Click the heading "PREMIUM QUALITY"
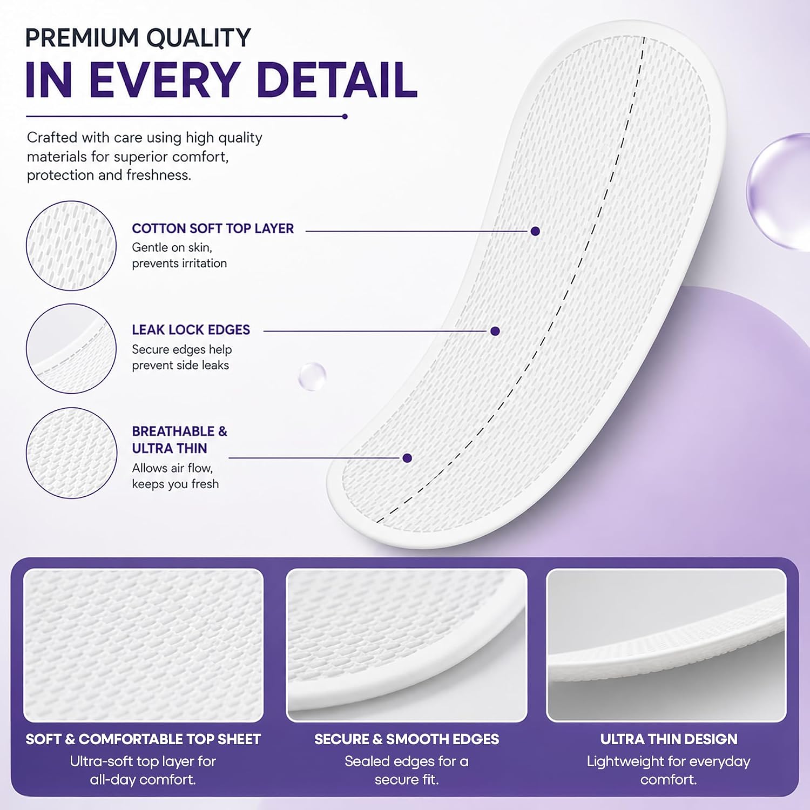click(x=138, y=38)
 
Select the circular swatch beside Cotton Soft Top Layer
click(x=71, y=246)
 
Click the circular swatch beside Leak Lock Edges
click(x=71, y=348)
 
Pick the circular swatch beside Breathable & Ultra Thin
click(x=71, y=453)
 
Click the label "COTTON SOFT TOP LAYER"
click(x=213, y=228)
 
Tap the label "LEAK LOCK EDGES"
click(x=191, y=330)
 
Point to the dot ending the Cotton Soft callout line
click(x=535, y=231)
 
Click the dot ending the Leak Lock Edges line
click(x=495, y=331)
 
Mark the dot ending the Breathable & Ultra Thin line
click(x=407, y=458)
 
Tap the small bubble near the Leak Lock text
click(x=312, y=376)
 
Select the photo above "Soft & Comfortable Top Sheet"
click(x=143, y=645)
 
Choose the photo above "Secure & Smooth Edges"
click(x=407, y=645)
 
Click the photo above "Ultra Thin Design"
click(x=666, y=645)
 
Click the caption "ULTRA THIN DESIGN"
click(x=669, y=739)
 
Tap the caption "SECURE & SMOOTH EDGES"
click(x=407, y=739)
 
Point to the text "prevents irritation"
click(x=179, y=264)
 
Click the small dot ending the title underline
click(x=345, y=116)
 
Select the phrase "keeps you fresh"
click(x=175, y=484)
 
